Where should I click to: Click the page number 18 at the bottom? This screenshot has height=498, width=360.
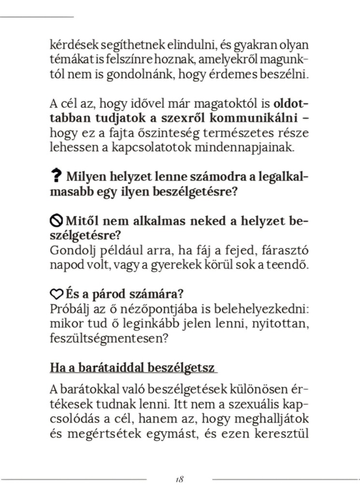click(x=179, y=480)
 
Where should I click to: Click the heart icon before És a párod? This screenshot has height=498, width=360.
click(x=56, y=294)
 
